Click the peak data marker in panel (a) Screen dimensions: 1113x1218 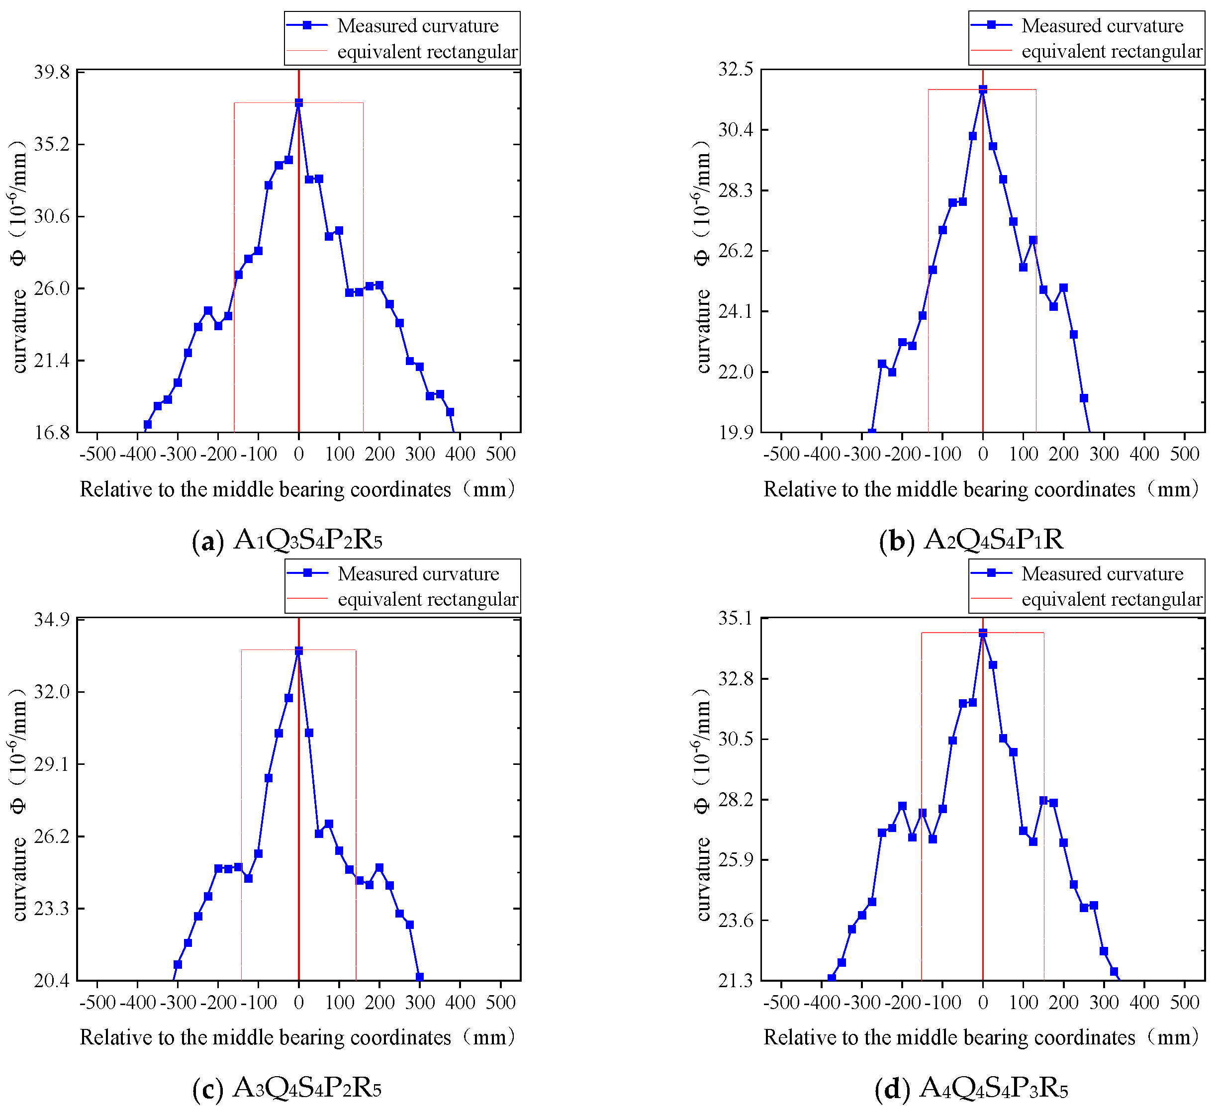[x=298, y=103]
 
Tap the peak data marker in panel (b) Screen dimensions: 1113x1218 [x=982, y=90]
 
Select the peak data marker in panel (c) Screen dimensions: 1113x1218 [x=298, y=651]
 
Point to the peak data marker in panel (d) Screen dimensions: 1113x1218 [x=982, y=633]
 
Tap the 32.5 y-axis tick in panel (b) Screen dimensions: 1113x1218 [x=736, y=70]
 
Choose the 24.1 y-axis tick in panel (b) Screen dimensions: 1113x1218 [x=736, y=311]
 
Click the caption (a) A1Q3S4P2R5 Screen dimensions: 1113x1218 [x=287, y=540]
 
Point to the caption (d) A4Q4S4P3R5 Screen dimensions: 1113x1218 [x=971, y=1088]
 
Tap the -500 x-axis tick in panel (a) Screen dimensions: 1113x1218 [x=97, y=454]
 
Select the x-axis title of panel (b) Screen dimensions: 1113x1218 [x=981, y=489]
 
